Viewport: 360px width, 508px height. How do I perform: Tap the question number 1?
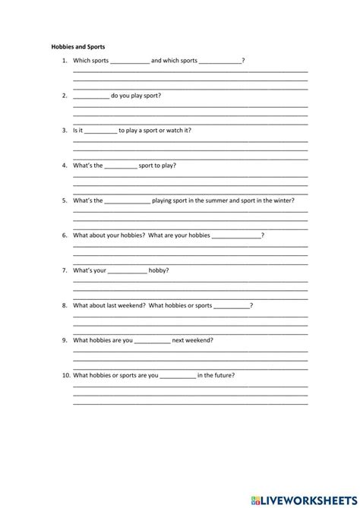65,60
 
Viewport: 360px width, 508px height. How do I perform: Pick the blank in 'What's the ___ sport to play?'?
121,166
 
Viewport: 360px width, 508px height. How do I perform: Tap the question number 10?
66,375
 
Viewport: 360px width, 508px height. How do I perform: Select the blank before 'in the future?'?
178,376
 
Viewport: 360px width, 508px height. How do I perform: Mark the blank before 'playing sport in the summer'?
128,201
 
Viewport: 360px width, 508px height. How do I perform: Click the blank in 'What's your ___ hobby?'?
128,271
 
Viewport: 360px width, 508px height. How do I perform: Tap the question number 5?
65,200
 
